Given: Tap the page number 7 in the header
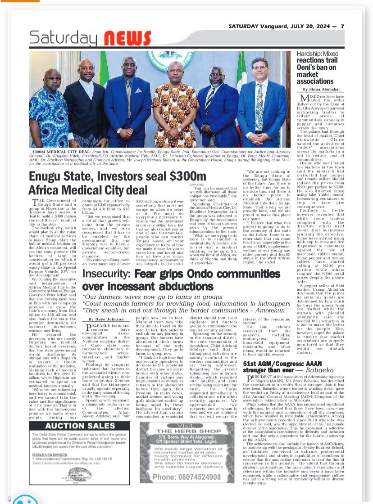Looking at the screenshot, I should [342, 26].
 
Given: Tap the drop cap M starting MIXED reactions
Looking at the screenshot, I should [301, 99].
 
